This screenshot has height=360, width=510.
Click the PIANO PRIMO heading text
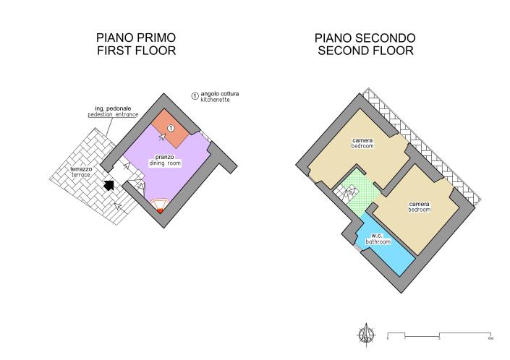click(136, 38)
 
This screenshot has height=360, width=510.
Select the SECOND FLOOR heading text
click(365, 51)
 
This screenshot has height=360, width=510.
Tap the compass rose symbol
click(367, 335)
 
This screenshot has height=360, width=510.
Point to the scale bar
click(439, 336)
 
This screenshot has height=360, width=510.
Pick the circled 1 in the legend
click(195, 96)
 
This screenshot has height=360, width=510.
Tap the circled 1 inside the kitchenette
click(171, 129)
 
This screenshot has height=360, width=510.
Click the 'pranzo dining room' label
click(165, 160)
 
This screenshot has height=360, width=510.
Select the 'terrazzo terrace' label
click(81, 172)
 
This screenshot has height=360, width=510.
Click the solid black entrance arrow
click(109, 186)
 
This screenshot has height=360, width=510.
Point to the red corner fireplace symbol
click(159, 206)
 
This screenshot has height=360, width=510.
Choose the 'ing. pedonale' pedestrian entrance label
click(113, 111)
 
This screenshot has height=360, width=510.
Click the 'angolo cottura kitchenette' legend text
click(219, 97)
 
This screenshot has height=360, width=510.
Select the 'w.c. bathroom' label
click(378, 239)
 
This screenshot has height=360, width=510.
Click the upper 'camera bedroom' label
click(362, 143)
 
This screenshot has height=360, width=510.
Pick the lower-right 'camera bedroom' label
click(420, 207)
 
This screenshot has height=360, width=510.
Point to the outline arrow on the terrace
click(117, 206)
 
